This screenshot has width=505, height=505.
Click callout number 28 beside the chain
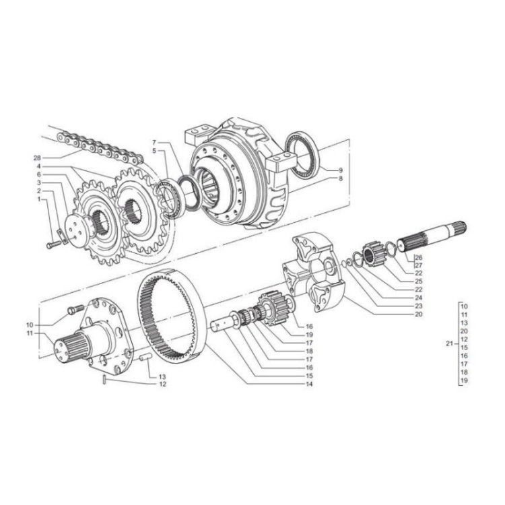[x=37, y=158]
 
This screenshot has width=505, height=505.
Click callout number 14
[x=310, y=384]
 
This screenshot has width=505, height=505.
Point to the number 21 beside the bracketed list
[x=450, y=343]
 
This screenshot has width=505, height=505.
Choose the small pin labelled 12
[x=105, y=382]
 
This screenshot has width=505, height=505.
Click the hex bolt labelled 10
[x=74, y=310]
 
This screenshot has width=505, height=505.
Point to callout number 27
[x=418, y=265]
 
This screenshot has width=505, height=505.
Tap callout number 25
[x=418, y=280]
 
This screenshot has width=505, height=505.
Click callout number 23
[x=418, y=306]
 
